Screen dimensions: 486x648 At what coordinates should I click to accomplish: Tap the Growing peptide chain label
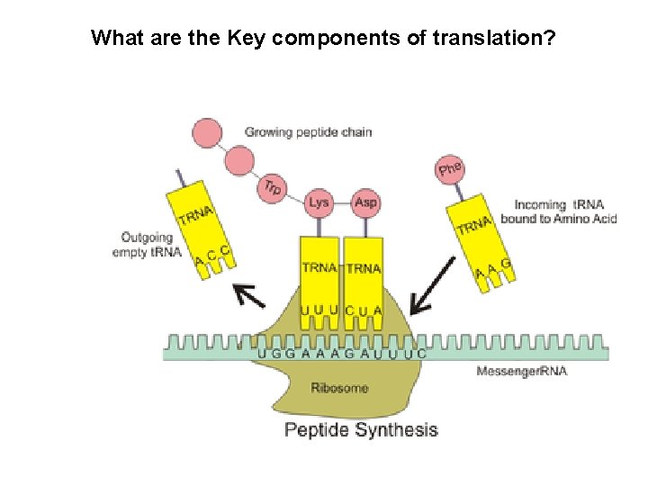tap(308, 132)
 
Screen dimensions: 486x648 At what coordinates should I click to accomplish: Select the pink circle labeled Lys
tap(319, 202)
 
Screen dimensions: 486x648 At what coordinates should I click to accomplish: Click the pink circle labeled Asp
tap(365, 202)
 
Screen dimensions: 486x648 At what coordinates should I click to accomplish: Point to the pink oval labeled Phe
tap(450, 168)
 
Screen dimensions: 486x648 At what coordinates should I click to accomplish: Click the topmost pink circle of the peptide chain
tap(204, 132)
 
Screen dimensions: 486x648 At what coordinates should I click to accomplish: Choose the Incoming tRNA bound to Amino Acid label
tap(558, 211)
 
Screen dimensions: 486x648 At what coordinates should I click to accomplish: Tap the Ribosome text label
tap(339, 388)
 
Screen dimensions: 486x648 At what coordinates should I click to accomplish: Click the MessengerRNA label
tap(522, 372)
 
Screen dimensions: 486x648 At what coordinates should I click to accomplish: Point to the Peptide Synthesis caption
tap(361, 429)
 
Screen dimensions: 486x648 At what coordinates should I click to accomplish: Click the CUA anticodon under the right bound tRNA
tap(364, 311)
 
